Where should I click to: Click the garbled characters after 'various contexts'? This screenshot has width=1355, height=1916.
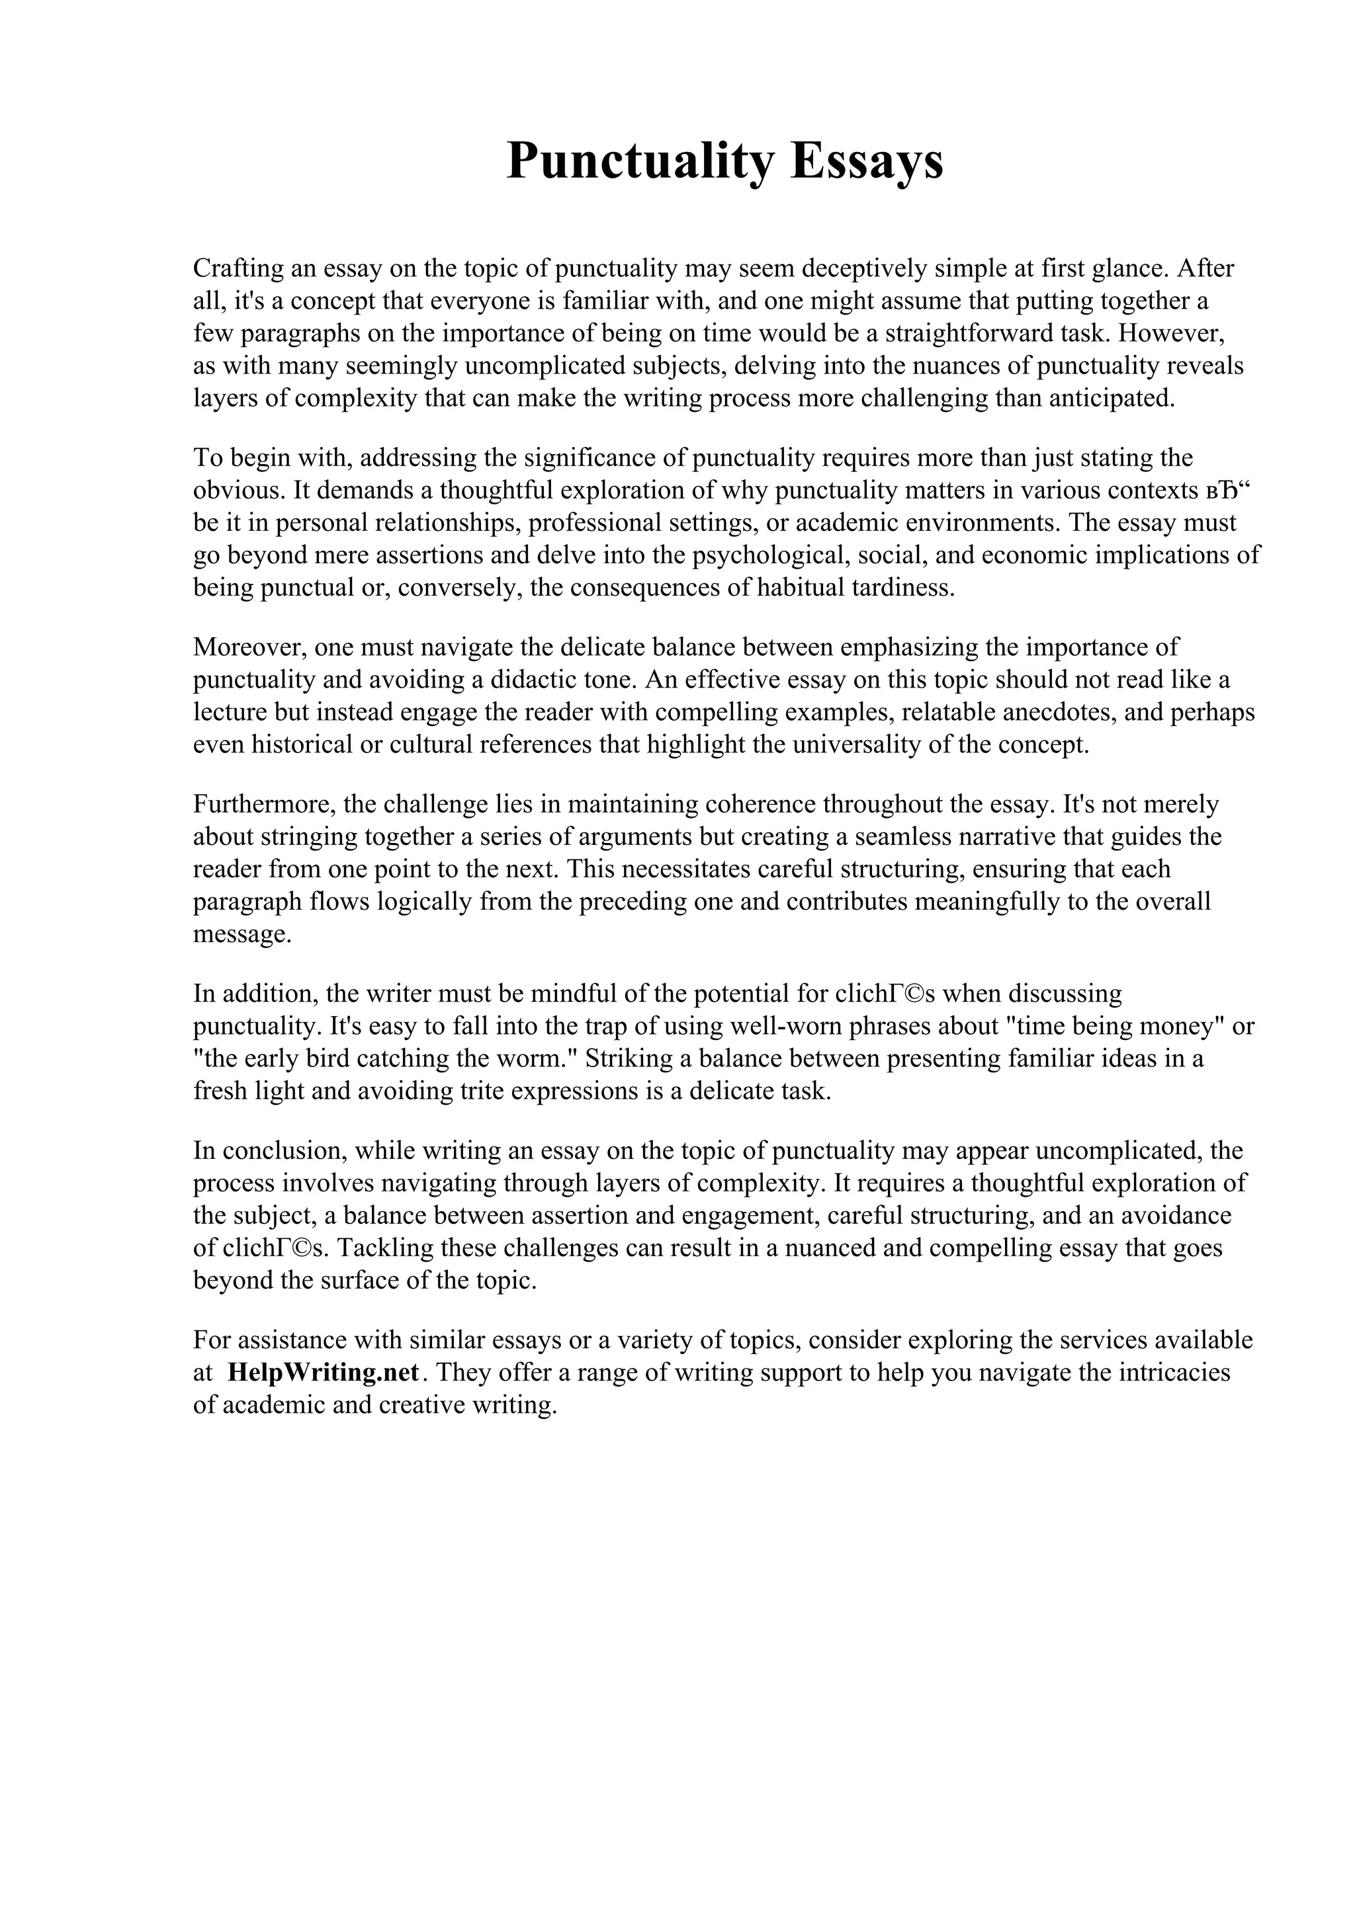click(1231, 490)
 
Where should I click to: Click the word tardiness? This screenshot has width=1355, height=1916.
click(902, 588)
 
